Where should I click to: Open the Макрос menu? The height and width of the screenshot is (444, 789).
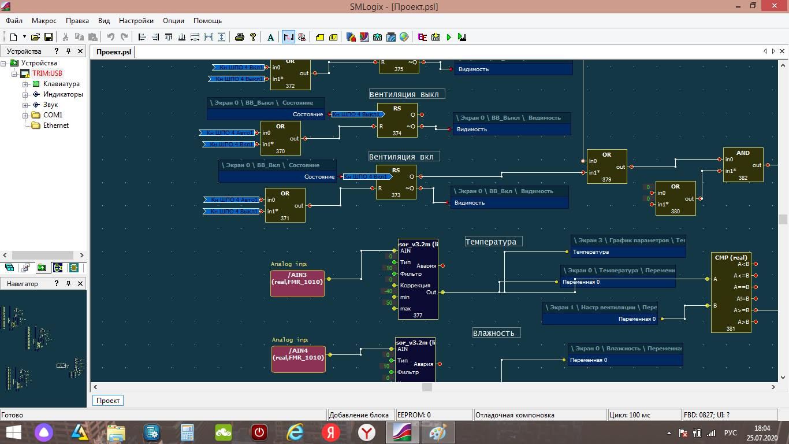(x=44, y=21)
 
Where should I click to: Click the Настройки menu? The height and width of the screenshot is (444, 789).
(x=136, y=21)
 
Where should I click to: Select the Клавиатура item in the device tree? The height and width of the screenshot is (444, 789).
(x=61, y=84)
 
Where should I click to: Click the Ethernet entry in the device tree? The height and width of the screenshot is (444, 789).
(x=56, y=125)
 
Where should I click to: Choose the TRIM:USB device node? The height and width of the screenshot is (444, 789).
(x=47, y=73)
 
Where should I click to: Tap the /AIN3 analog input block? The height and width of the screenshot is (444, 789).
(x=297, y=283)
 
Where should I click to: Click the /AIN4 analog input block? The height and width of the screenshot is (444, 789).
(x=298, y=359)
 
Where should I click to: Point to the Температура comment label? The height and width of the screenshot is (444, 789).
(x=493, y=242)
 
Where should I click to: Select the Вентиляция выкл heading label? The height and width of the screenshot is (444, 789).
(x=407, y=94)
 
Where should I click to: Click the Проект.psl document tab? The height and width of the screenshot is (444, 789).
(x=114, y=52)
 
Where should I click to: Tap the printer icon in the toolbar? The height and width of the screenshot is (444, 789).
(x=240, y=37)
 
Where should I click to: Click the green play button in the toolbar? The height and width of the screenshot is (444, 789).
(x=449, y=37)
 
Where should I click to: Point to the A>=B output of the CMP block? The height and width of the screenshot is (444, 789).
(x=755, y=310)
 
